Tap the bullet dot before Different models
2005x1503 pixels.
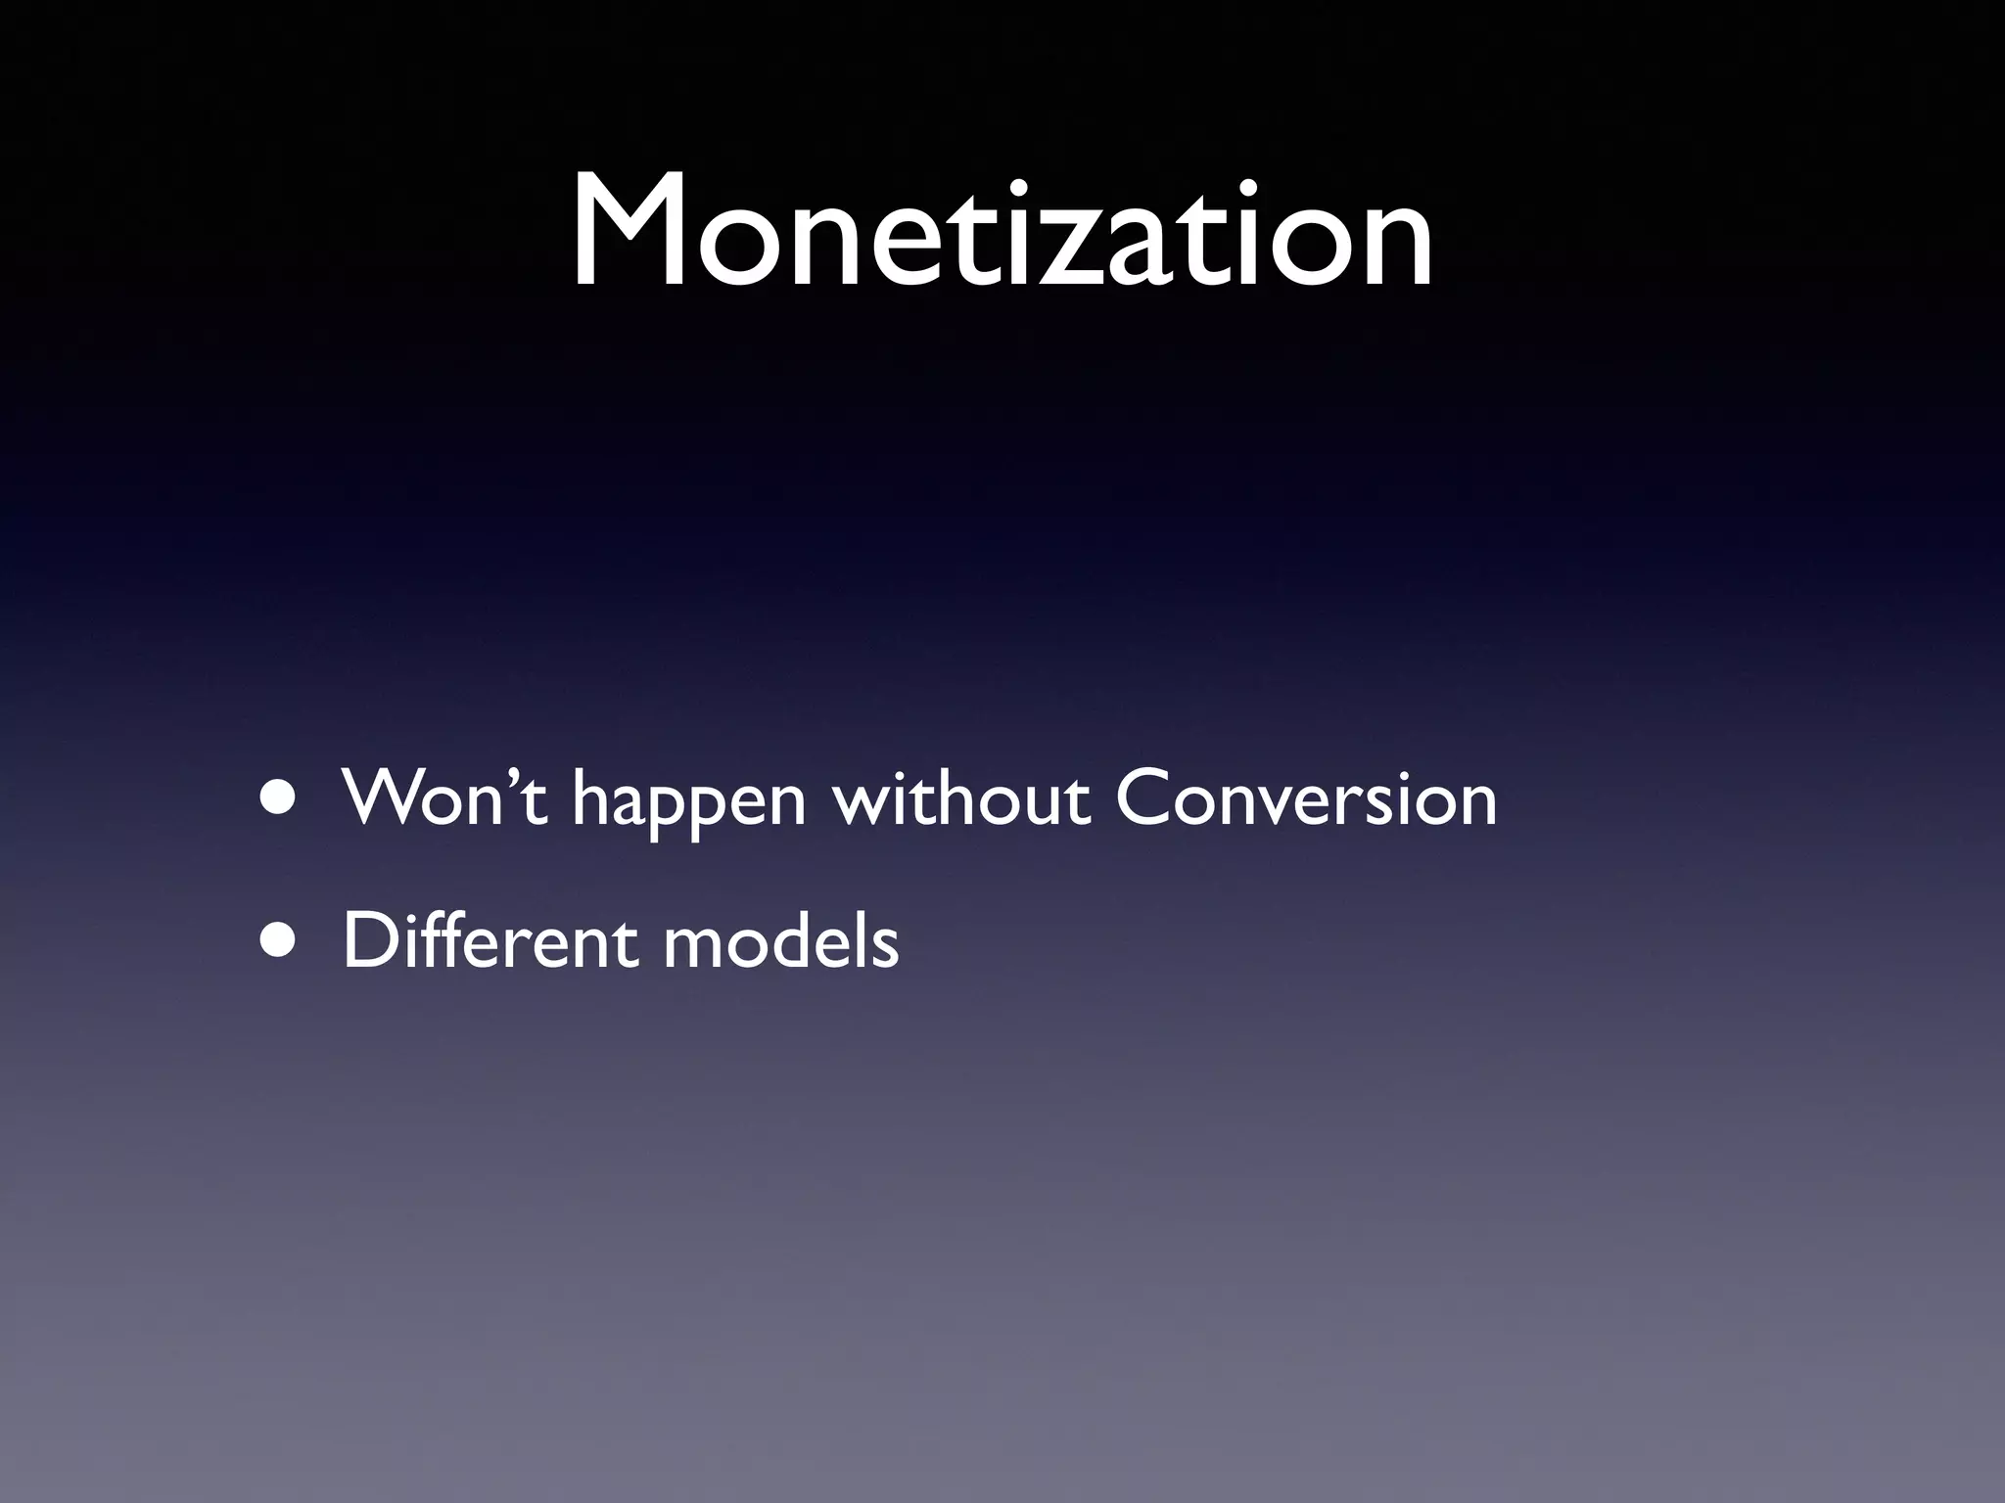[x=280, y=941]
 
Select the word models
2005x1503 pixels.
[x=780, y=941]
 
